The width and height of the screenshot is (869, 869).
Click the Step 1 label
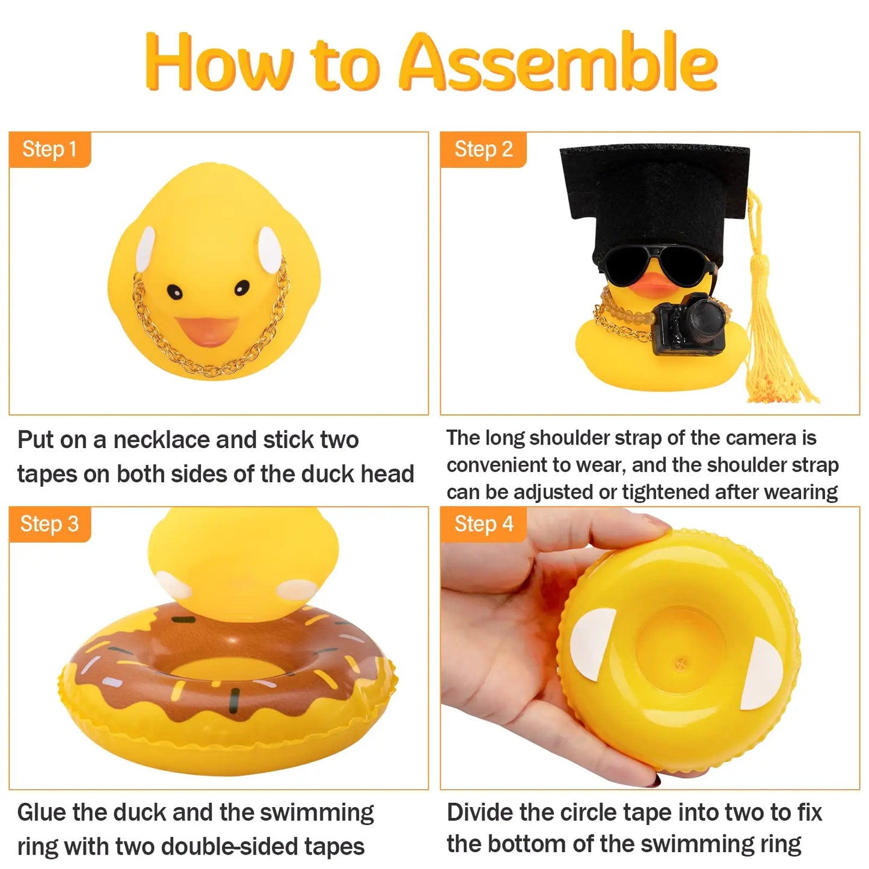pos(49,149)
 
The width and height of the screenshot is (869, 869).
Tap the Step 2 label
pos(483,149)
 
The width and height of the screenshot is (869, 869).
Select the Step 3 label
pos(49,524)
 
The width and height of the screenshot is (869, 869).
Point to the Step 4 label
pos(483,524)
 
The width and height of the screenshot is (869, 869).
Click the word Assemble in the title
pos(558,63)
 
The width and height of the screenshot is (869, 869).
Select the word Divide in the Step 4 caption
pos(479,812)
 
